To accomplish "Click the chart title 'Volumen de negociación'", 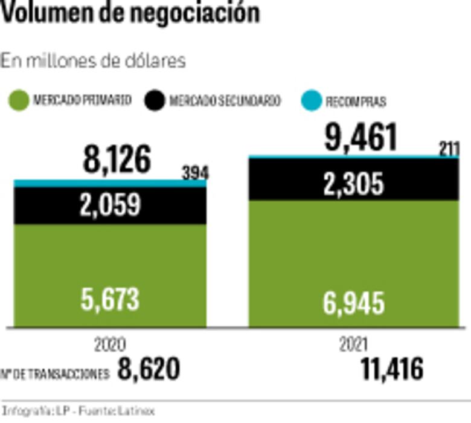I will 130,13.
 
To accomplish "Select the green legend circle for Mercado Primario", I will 20,100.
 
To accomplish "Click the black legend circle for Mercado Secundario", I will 155,100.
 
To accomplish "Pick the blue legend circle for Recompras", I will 312,101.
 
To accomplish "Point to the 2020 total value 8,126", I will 116,160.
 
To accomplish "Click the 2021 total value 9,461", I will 361,138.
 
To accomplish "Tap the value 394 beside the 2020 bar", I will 194,173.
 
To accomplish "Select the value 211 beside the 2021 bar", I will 449,149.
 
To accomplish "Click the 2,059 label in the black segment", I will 110,205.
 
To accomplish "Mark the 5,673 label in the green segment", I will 110,299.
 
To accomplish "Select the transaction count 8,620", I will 149,369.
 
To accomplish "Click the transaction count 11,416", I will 392,369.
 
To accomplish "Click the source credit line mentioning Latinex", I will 78,411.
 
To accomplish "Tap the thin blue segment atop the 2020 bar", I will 110,183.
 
